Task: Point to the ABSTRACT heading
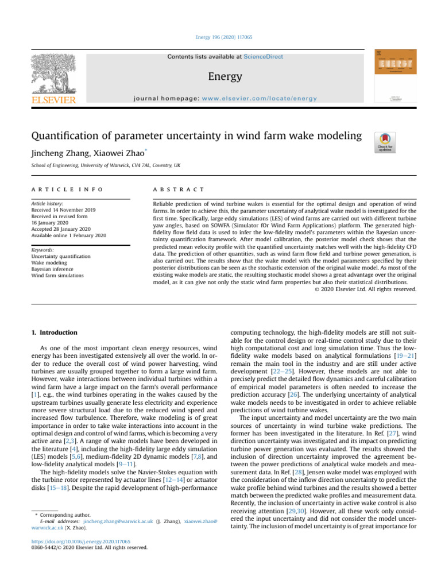click(x=178, y=189)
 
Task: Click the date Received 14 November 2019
click(x=65, y=210)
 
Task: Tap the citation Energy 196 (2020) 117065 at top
click(x=220, y=37)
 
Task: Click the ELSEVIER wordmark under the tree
click(x=54, y=100)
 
